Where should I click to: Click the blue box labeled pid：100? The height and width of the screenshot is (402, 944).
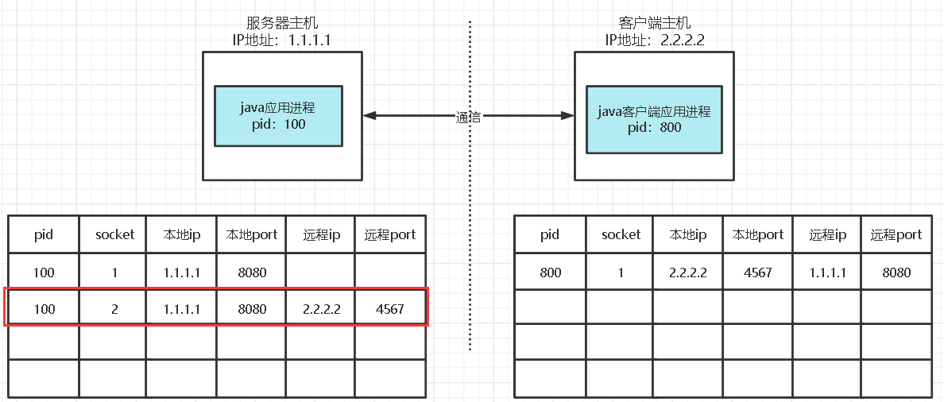(278, 116)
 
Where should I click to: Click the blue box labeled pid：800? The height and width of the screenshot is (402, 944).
(654, 119)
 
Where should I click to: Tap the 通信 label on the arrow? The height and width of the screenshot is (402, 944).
(469, 117)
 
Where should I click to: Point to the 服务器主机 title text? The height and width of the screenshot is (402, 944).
(283, 24)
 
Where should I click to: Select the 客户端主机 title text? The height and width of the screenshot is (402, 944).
(655, 24)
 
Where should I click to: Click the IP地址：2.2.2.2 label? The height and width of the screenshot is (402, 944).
(655, 40)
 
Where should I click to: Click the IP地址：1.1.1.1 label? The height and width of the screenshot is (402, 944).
(282, 40)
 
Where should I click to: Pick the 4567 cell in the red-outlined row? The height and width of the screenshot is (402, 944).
(389, 309)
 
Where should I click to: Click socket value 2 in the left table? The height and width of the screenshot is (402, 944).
(114, 309)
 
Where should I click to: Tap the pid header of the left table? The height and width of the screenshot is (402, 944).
(44, 234)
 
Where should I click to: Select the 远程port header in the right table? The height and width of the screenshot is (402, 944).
(896, 234)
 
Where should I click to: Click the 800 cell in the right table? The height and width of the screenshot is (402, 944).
(550, 273)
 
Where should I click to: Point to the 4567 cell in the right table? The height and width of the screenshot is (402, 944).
(759, 273)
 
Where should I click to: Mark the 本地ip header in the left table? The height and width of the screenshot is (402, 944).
(181, 234)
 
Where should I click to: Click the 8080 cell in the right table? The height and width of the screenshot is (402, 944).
(896, 273)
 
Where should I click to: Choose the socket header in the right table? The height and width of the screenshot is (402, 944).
(621, 234)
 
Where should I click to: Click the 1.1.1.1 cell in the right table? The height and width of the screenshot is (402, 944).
(827, 273)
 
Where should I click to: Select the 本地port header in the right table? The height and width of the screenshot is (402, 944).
(759, 234)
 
